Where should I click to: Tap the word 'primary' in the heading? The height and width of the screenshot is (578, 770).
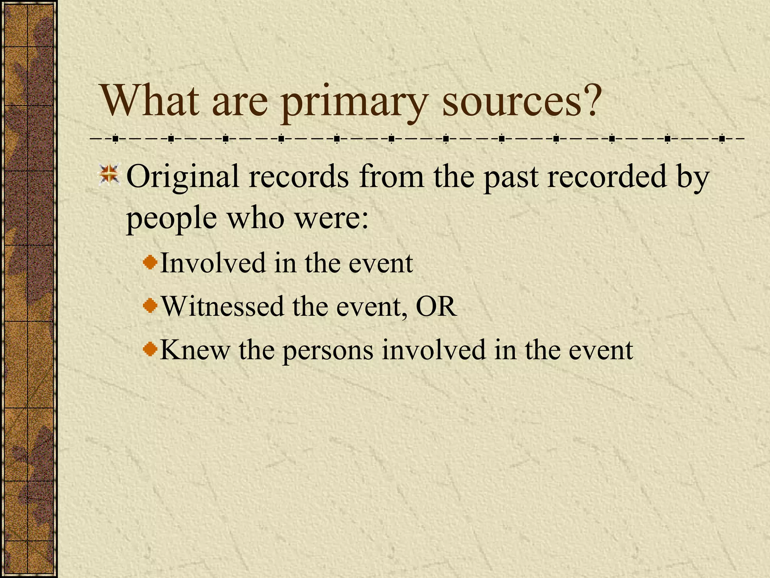(354, 103)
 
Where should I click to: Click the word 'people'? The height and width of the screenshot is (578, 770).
(171, 219)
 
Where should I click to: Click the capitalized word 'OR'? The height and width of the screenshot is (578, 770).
(436, 306)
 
